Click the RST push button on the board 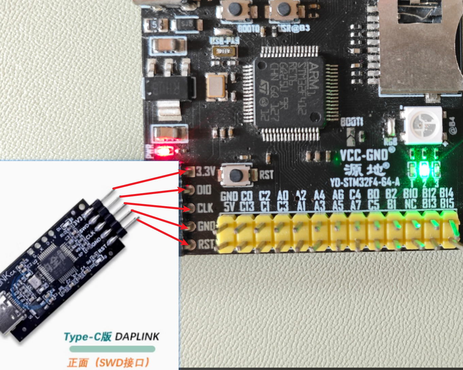coord(235,175)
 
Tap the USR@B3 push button coord(283,10)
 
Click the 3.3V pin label coord(205,172)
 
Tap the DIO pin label coord(204,190)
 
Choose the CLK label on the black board coord(205,208)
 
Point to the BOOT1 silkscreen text coord(352,122)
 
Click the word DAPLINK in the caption coord(137,337)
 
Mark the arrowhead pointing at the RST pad coord(184,243)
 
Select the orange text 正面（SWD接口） coord(109,362)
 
